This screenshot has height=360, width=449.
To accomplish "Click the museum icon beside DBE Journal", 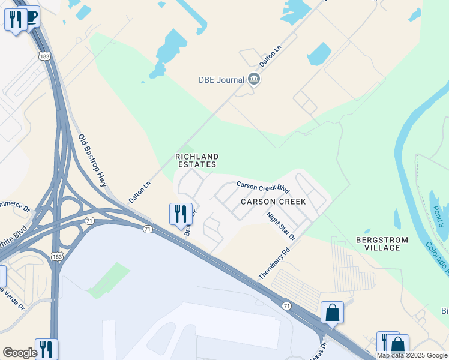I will tap(253, 80).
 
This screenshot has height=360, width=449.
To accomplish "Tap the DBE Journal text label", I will tap(221, 80).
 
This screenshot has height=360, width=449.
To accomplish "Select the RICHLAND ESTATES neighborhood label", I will tap(196, 160).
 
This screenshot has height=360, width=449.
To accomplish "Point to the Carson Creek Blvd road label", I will tap(267, 188).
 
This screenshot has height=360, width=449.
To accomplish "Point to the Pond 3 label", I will tap(438, 217).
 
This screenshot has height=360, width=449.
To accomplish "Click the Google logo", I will tap(19, 353).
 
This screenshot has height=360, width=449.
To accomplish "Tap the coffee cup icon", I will tap(31, 17).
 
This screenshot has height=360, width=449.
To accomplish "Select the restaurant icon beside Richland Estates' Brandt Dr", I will tap(180, 214).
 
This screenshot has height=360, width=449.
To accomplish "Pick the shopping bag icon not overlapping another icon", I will tap(332, 313).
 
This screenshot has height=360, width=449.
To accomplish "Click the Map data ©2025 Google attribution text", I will tap(412, 355).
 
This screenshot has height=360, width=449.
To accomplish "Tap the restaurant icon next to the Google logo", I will tap(46, 349).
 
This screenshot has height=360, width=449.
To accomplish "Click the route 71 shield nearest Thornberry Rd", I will tap(287, 306).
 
